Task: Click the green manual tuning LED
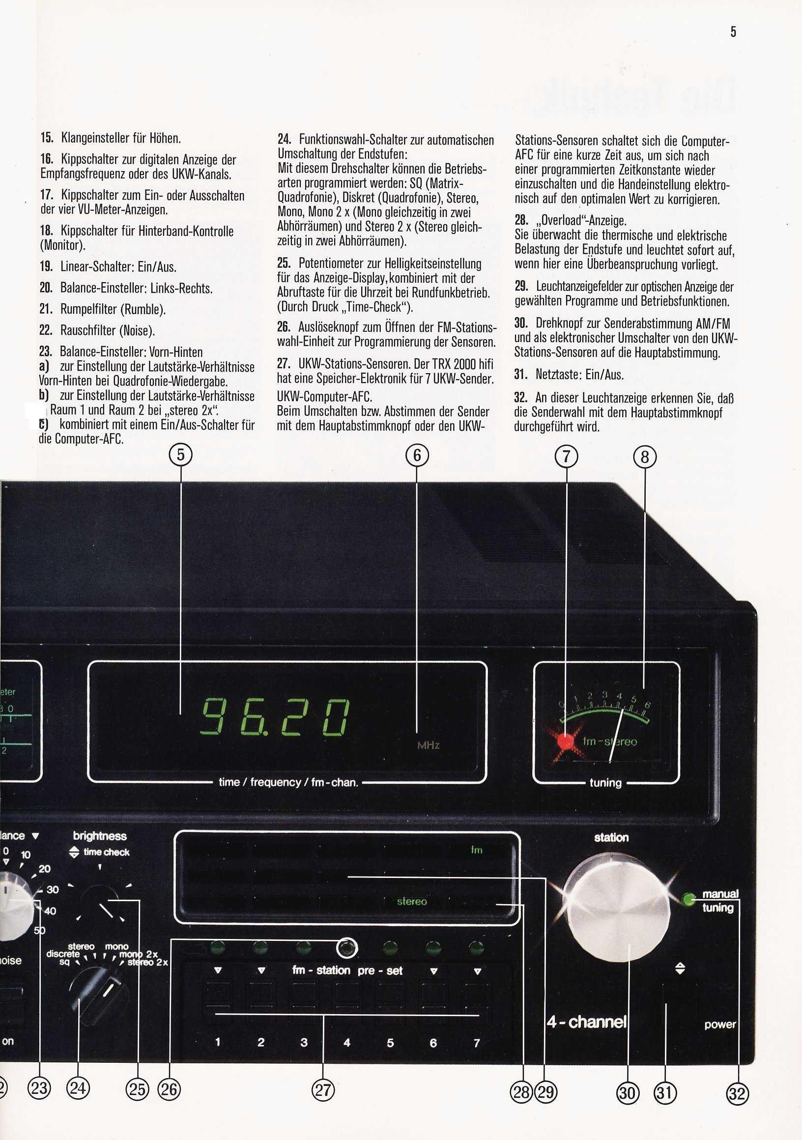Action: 688,899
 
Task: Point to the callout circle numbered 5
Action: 181,455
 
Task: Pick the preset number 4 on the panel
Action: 347,1043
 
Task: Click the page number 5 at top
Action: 733,32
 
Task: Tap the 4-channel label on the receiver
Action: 587,1022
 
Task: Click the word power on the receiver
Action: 719,1024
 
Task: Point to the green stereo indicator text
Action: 411,901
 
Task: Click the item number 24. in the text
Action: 284,140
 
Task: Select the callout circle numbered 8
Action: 645,456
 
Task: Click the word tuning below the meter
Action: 605,783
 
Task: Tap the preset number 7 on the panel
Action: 477,1043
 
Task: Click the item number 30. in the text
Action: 520,323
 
